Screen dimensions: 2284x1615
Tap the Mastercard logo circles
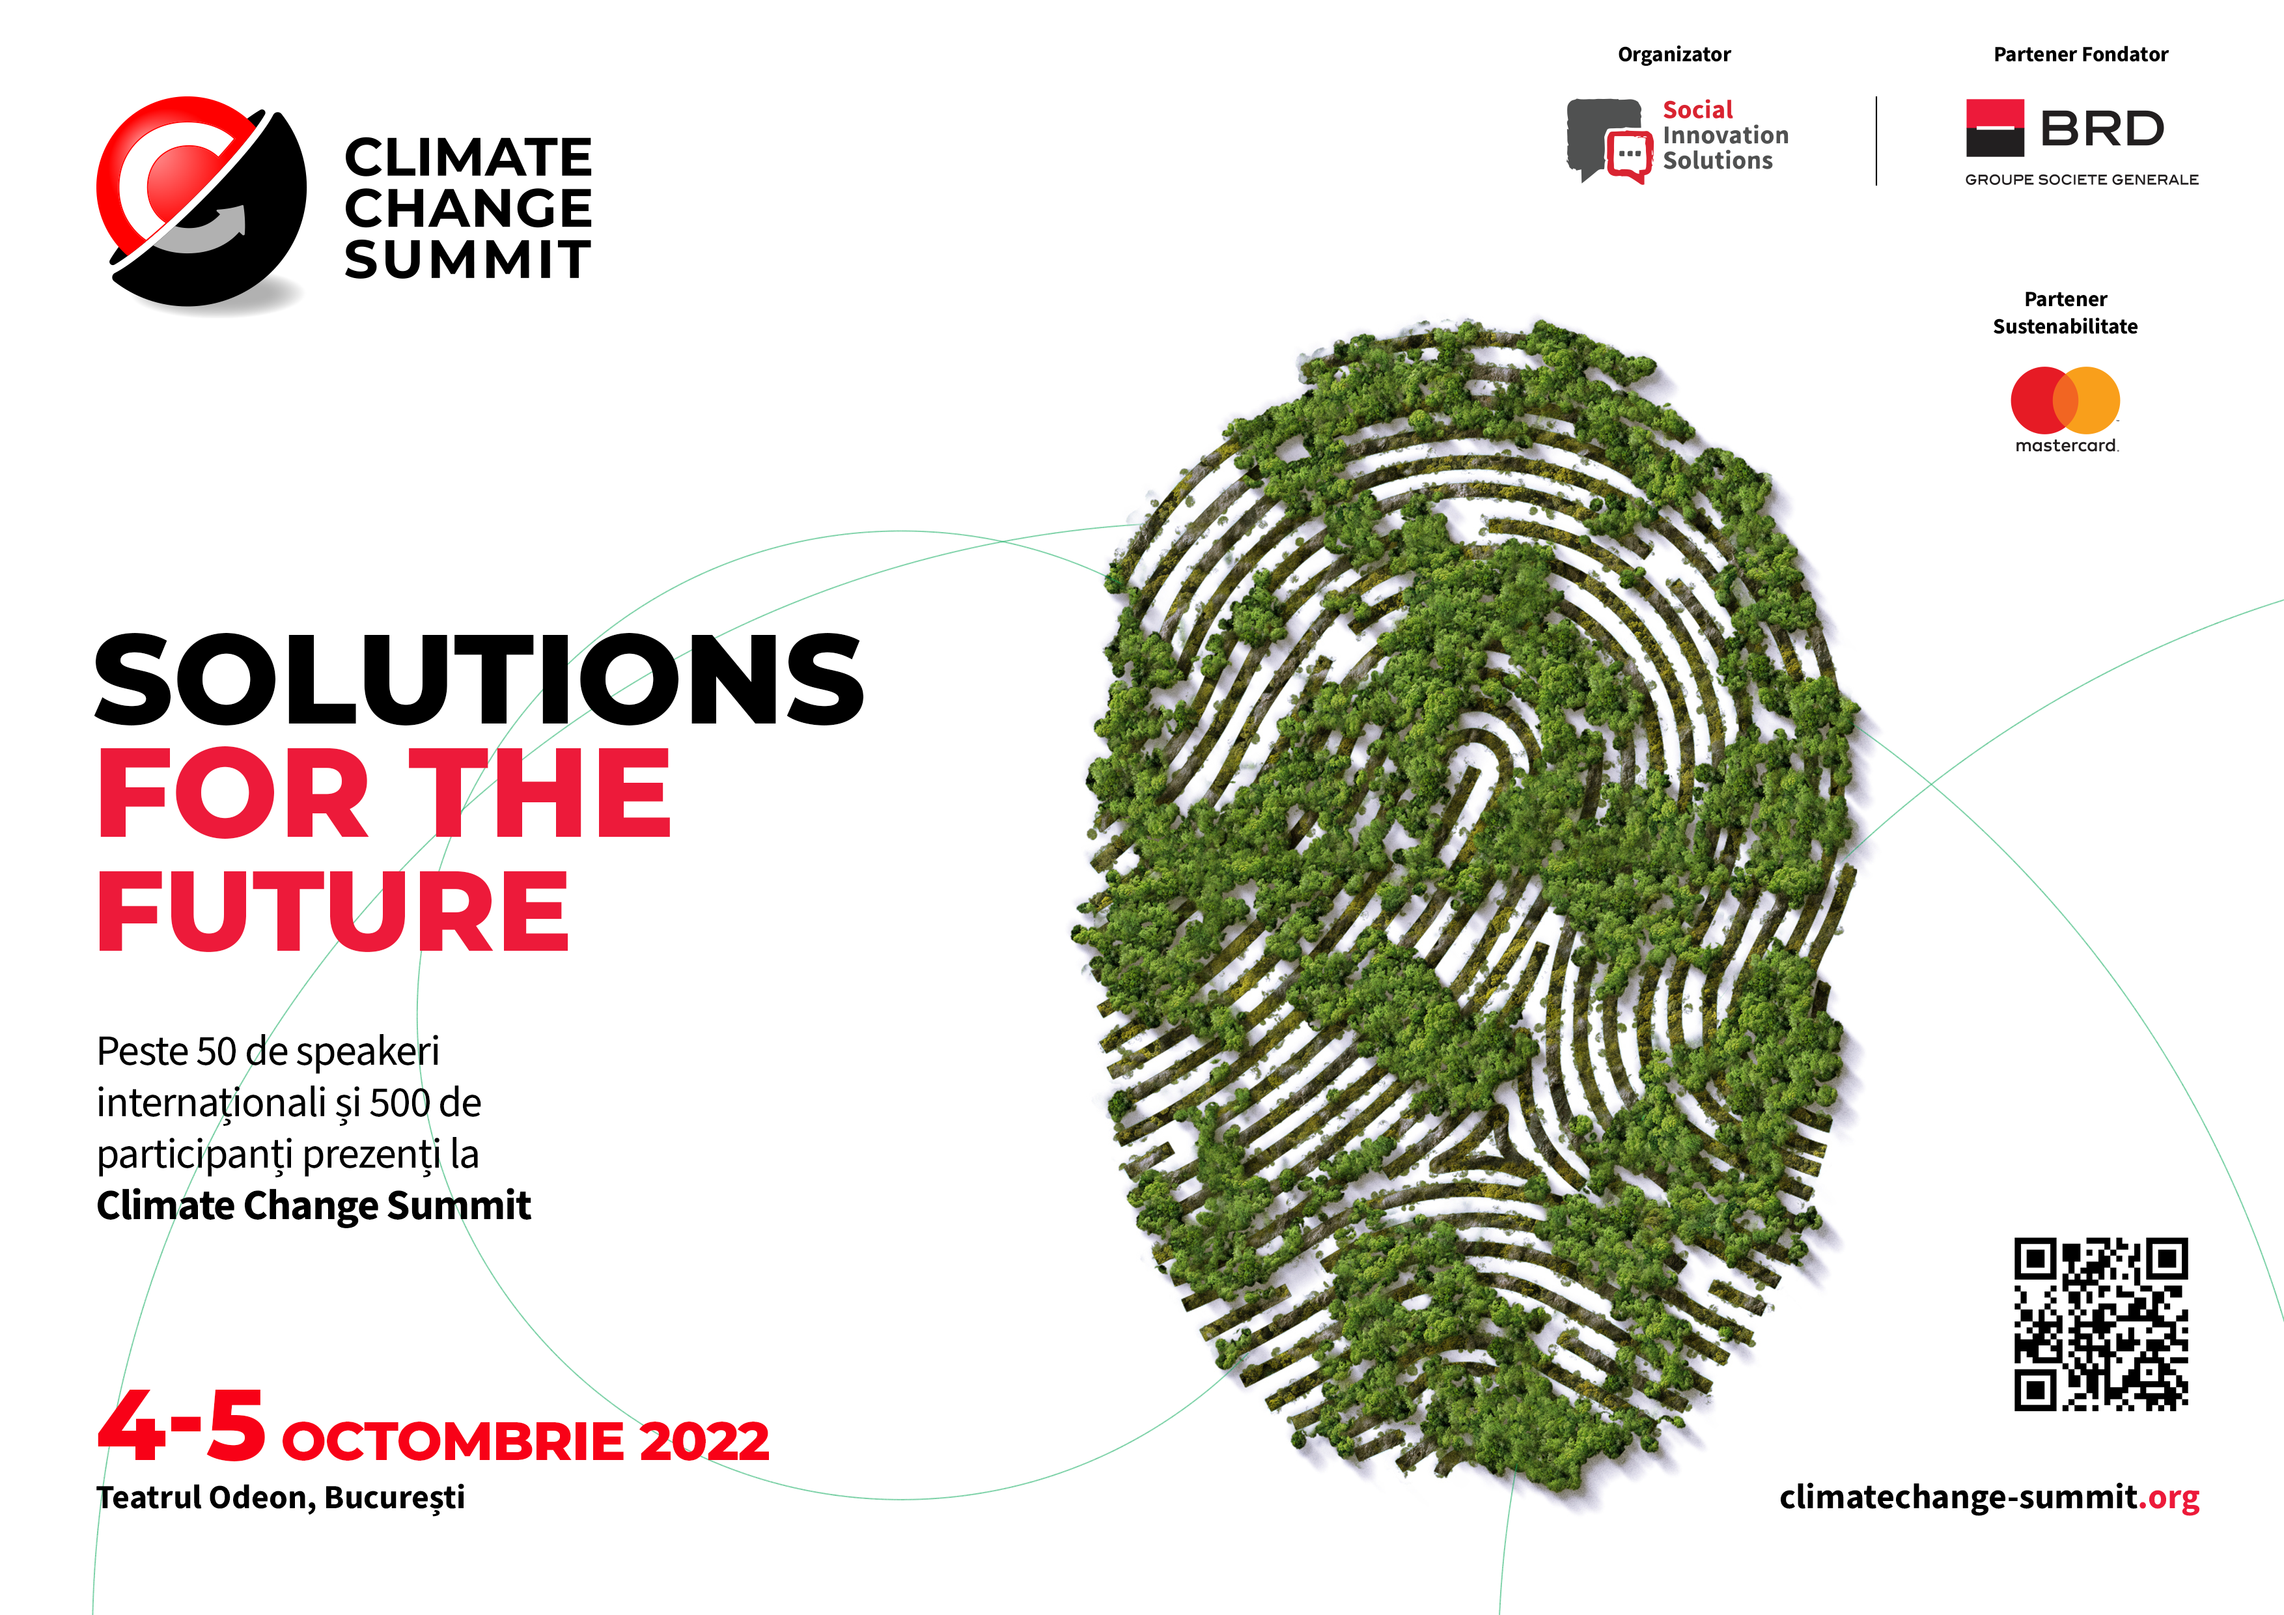pos(2065,400)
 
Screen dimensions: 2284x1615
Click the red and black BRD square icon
pos(1994,128)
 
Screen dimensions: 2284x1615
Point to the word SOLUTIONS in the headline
pos(479,680)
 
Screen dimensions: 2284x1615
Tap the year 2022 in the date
pos(704,1441)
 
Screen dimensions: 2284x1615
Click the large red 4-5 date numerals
pos(182,1426)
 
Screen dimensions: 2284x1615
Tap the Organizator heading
pos(1674,55)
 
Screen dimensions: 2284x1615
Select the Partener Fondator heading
pos(2081,54)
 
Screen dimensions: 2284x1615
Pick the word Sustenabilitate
pos(2065,326)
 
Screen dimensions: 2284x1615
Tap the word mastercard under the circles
pos(2066,446)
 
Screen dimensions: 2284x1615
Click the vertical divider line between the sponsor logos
pos(1876,140)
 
